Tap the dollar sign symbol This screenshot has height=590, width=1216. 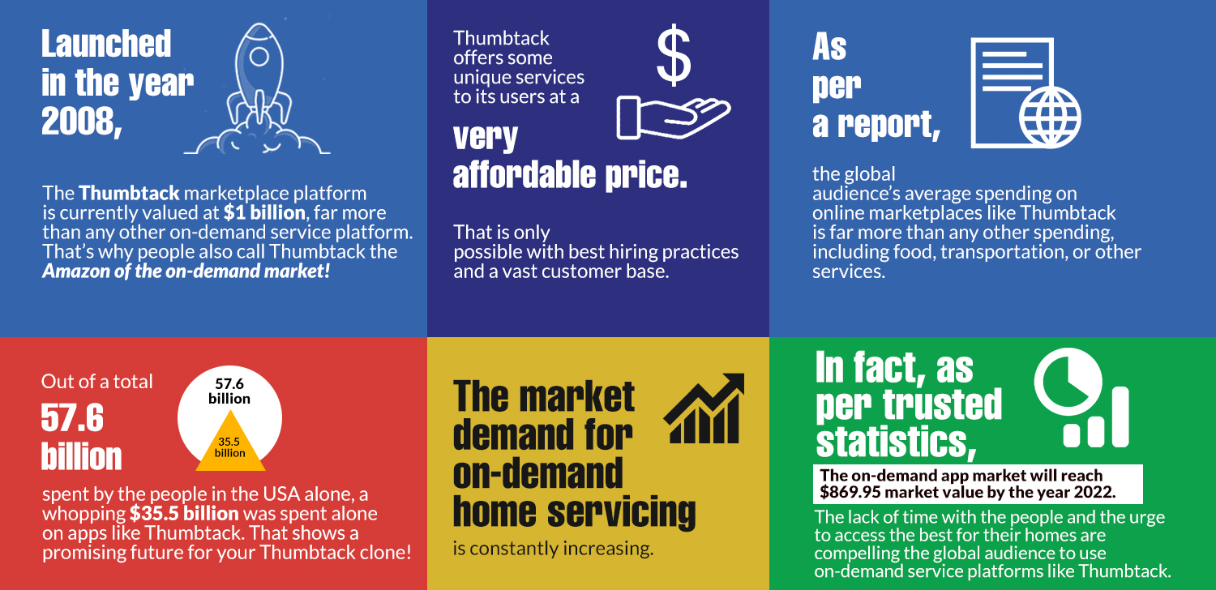[x=674, y=55]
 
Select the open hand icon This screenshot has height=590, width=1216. [x=674, y=118]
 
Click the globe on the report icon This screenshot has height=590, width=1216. [x=1049, y=118]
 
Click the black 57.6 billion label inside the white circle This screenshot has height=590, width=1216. [x=229, y=391]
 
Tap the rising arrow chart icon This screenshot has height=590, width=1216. [x=704, y=408]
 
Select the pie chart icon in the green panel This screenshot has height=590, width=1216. [x=1068, y=382]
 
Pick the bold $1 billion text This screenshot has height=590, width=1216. [x=264, y=212]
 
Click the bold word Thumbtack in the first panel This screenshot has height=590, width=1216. [x=129, y=193]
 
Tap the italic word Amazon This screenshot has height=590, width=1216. [x=76, y=271]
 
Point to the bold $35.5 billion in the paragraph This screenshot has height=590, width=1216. [x=184, y=514]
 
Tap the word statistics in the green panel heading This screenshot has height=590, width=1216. [x=897, y=442]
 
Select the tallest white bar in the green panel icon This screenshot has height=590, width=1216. [x=1120, y=417]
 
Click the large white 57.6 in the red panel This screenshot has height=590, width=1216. [x=72, y=417]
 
